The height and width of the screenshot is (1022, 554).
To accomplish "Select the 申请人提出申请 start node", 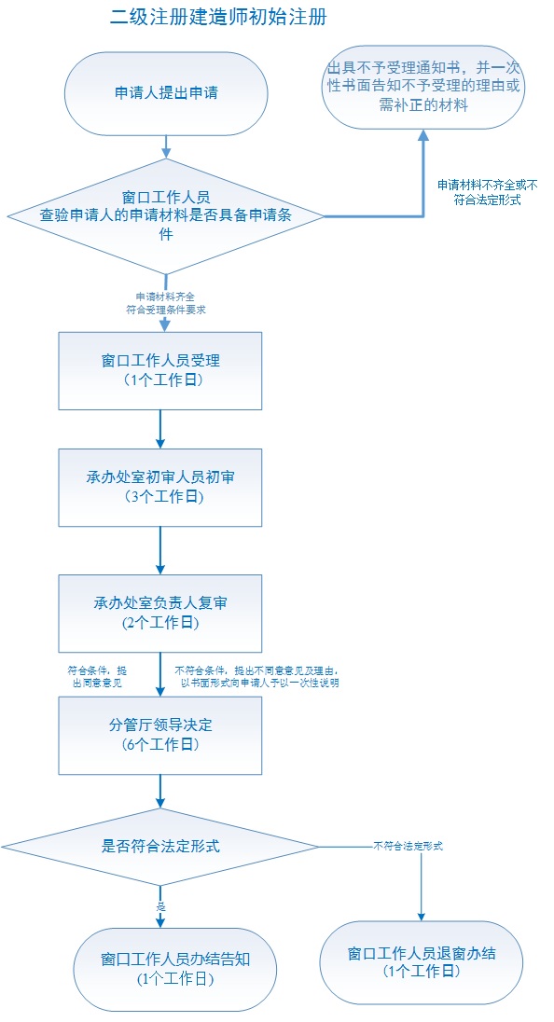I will pyautogui.click(x=166, y=93).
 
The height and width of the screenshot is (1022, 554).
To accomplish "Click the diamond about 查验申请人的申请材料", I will pyautogui.click(x=166, y=216).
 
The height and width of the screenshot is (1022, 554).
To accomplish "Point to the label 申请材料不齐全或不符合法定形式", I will pyautogui.click(x=487, y=192).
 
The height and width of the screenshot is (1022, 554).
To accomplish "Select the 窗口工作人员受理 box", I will pyautogui.click(x=160, y=370).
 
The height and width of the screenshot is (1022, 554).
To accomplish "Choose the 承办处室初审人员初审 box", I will pyautogui.click(x=160, y=487).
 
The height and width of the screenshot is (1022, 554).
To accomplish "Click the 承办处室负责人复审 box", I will pyautogui.click(x=160, y=613).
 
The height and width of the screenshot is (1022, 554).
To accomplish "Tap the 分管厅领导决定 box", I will pyautogui.click(x=160, y=734).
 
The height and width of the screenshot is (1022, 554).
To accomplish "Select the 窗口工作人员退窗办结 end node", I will pyautogui.click(x=421, y=962).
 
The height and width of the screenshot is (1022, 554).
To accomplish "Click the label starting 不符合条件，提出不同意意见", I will pyautogui.click(x=256, y=676).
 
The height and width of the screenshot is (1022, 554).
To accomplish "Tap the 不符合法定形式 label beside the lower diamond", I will pyautogui.click(x=408, y=846).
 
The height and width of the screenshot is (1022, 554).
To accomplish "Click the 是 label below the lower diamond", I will pyautogui.click(x=160, y=905).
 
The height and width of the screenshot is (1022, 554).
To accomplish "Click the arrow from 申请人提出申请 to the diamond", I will pyautogui.click(x=166, y=145).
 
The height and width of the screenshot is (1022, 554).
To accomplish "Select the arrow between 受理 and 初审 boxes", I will pyautogui.click(x=160, y=429).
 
